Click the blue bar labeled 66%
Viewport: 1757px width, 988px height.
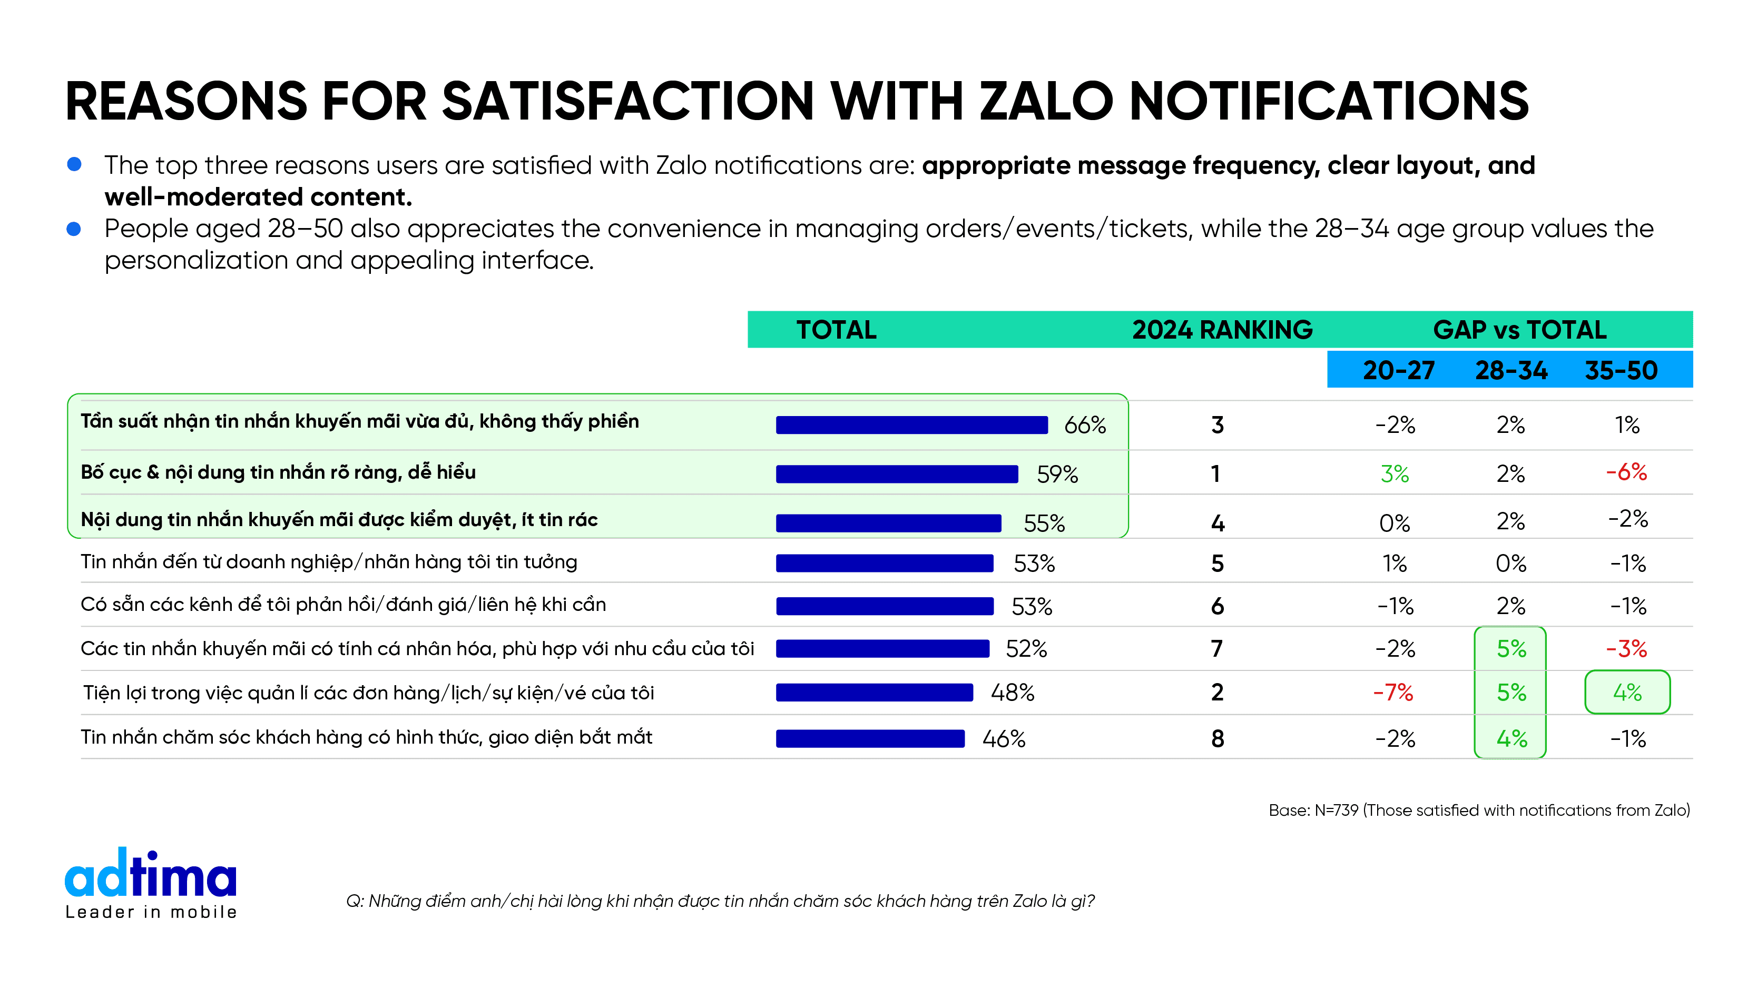click(x=911, y=425)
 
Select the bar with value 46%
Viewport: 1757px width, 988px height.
click(x=870, y=738)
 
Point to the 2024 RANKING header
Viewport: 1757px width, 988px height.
click(x=1222, y=330)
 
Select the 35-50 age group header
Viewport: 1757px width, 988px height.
click(x=1621, y=370)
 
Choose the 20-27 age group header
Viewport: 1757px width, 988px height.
click(x=1398, y=370)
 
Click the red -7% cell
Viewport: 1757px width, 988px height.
click(x=1393, y=693)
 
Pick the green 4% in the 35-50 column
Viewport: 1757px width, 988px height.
click(x=1627, y=693)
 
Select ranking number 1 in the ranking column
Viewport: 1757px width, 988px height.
click(x=1215, y=474)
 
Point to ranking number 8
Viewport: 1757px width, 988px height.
click(x=1218, y=738)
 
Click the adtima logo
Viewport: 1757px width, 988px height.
click(x=151, y=883)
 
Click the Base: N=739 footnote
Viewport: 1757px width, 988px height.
click(x=1479, y=810)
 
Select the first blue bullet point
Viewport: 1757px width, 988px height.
click(x=74, y=164)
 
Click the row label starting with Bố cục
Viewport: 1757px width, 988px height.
click(x=278, y=472)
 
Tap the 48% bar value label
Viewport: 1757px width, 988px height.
click(x=1012, y=693)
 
